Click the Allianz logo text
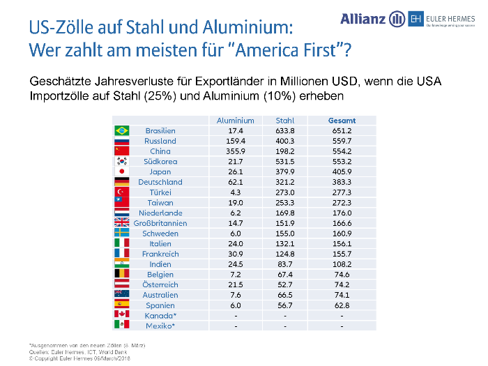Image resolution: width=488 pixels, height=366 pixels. (363, 19)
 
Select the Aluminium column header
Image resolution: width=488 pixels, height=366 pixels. (235, 120)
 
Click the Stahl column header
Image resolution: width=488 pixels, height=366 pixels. (284, 120)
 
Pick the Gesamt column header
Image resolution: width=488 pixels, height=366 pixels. (342, 120)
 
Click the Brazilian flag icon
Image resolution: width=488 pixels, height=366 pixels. (122, 130)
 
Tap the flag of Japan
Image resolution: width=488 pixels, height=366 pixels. (122, 171)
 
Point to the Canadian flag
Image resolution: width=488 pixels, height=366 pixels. (122, 315)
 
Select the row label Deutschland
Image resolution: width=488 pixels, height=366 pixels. (160, 182)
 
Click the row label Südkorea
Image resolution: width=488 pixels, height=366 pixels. (160, 161)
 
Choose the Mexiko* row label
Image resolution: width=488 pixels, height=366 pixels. (160, 326)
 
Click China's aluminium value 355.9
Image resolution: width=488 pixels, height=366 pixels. (235, 151)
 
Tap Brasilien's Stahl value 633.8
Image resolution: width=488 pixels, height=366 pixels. (284, 130)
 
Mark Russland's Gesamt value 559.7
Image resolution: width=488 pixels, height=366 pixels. (342, 141)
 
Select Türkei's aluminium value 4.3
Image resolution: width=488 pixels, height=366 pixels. (235, 192)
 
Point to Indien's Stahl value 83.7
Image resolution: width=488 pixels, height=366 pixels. (284, 264)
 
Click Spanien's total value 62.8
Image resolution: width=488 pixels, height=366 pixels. (342, 305)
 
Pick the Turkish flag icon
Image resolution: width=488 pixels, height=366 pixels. (122, 192)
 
